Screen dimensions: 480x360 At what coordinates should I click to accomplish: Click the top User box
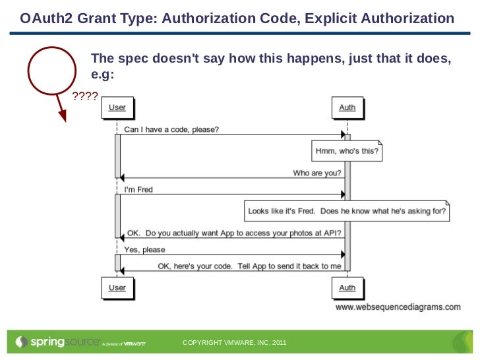click(117, 107)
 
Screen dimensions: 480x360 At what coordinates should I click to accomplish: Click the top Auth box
click(347, 107)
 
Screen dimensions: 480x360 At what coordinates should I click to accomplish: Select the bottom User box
click(117, 287)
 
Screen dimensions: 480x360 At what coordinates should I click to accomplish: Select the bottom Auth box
click(347, 287)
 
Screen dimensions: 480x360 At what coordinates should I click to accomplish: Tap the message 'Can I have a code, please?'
click(172, 130)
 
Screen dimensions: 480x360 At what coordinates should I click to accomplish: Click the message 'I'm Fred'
click(138, 190)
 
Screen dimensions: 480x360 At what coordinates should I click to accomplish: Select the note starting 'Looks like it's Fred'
click(347, 212)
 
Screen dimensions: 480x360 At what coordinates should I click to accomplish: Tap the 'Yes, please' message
click(145, 250)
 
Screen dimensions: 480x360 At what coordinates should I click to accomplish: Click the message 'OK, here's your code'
click(249, 266)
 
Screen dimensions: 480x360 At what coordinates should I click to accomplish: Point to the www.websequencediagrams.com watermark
click(398, 307)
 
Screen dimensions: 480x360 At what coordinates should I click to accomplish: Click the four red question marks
click(84, 98)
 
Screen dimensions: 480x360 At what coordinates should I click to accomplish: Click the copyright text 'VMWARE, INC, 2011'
click(254, 344)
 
